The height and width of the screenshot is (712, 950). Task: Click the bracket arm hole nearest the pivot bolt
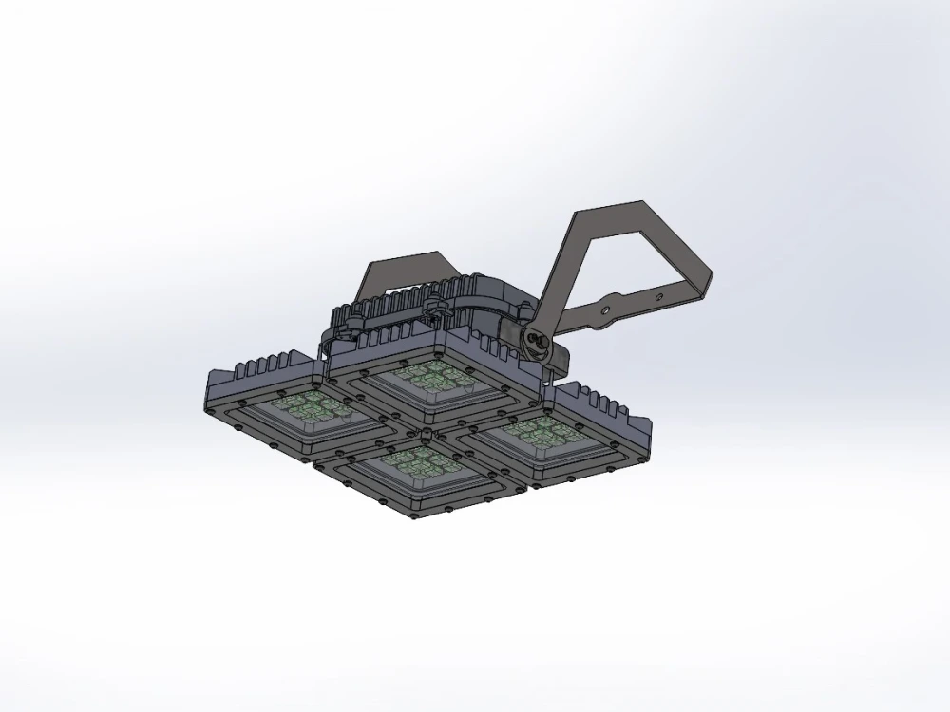pyautogui.click(x=605, y=308)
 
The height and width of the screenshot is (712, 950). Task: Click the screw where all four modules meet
pyautogui.click(x=425, y=432)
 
